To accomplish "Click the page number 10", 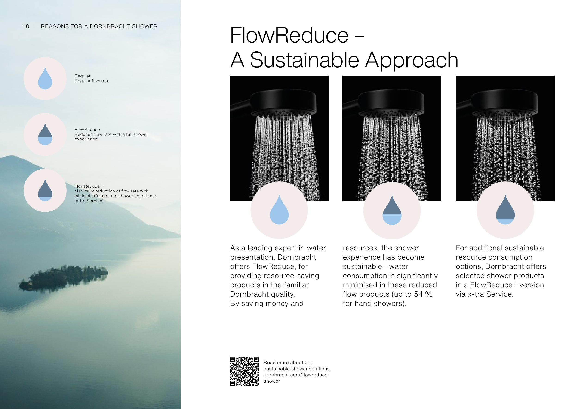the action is coord(26,26).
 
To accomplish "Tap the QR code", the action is coord(244,371).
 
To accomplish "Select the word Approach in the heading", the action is coord(412,60).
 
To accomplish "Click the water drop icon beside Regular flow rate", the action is coord(45,78).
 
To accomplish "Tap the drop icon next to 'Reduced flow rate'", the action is coord(45,134).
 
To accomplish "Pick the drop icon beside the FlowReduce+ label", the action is coord(45,190).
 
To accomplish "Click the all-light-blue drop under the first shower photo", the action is coord(279,210).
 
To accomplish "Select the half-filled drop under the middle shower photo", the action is coord(392,210).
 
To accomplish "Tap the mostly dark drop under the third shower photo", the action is coord(505,210).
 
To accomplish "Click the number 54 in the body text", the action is coord(418,294).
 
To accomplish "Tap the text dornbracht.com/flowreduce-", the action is coord(297,375).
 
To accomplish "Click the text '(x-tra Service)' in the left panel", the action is coord(89,201).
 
